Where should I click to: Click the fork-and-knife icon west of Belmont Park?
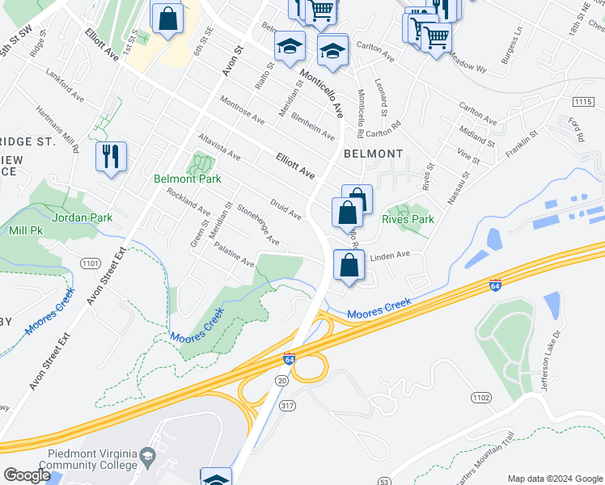pos(111,156)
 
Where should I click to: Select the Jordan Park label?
pos(82,217)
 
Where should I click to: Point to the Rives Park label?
pos(408,219)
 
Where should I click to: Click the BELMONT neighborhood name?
pos(373,154)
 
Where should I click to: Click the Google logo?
pos(27,475)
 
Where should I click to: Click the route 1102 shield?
pos(481,397)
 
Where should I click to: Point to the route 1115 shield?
pos(582,101)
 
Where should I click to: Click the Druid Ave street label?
pos(286,209)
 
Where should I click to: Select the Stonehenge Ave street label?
pos(259,226)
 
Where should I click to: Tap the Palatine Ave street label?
pos(234,257)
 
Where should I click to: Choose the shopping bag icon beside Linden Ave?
pos(349,265)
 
